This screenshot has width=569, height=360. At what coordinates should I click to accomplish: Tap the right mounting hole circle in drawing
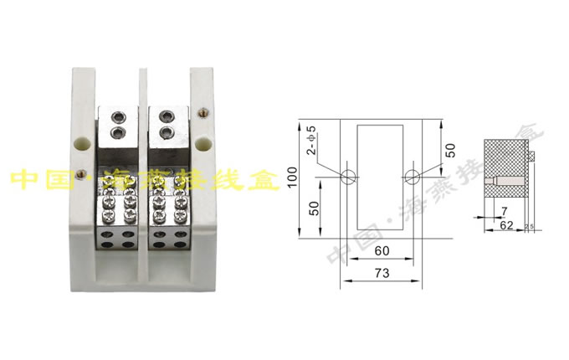(412, 177)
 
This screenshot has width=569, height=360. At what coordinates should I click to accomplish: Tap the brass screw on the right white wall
(202, 111)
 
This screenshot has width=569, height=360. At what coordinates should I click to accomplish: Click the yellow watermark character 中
(23, 179)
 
